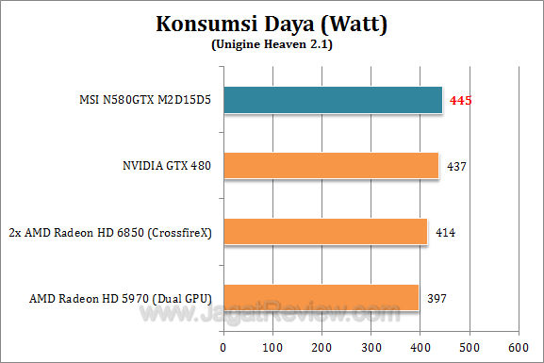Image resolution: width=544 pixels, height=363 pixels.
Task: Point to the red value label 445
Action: [x=460, y=101]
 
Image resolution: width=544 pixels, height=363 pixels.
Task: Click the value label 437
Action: [x=455, y=167]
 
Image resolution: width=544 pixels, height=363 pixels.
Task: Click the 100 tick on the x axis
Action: [x=272, y=345]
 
